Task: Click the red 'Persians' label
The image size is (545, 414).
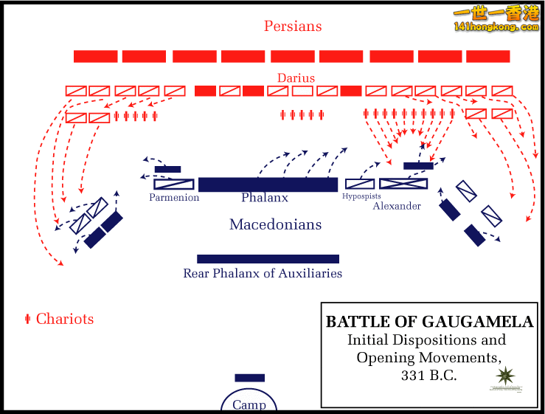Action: [x=293, y=26]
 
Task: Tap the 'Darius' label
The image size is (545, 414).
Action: [x=296, y=77]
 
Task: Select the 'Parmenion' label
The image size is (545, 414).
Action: [x=174, y=198]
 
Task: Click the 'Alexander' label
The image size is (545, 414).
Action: [x=397, y=206]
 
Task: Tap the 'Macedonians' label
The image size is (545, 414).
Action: [x=275, y=224]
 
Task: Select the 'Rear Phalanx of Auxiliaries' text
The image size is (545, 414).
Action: [x=263, y=273]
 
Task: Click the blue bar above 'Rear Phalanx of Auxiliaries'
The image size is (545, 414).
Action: [x=268, y=259]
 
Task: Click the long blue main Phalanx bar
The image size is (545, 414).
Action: [x=268, y=184]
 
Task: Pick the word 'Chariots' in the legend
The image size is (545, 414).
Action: [x=65, y=319]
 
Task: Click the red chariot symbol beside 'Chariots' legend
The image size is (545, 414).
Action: [x=27, y=319]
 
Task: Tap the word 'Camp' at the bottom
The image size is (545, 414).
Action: [x=249, y=404]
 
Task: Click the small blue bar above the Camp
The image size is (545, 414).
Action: [x=249, y=378]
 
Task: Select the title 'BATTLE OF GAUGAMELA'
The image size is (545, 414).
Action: [x=429, y=322]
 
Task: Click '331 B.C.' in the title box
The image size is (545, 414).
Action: [x=429, y=375]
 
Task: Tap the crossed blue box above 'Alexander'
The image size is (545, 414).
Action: [x=403, y=184]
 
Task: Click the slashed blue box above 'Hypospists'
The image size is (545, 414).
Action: [x=360, y=184]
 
